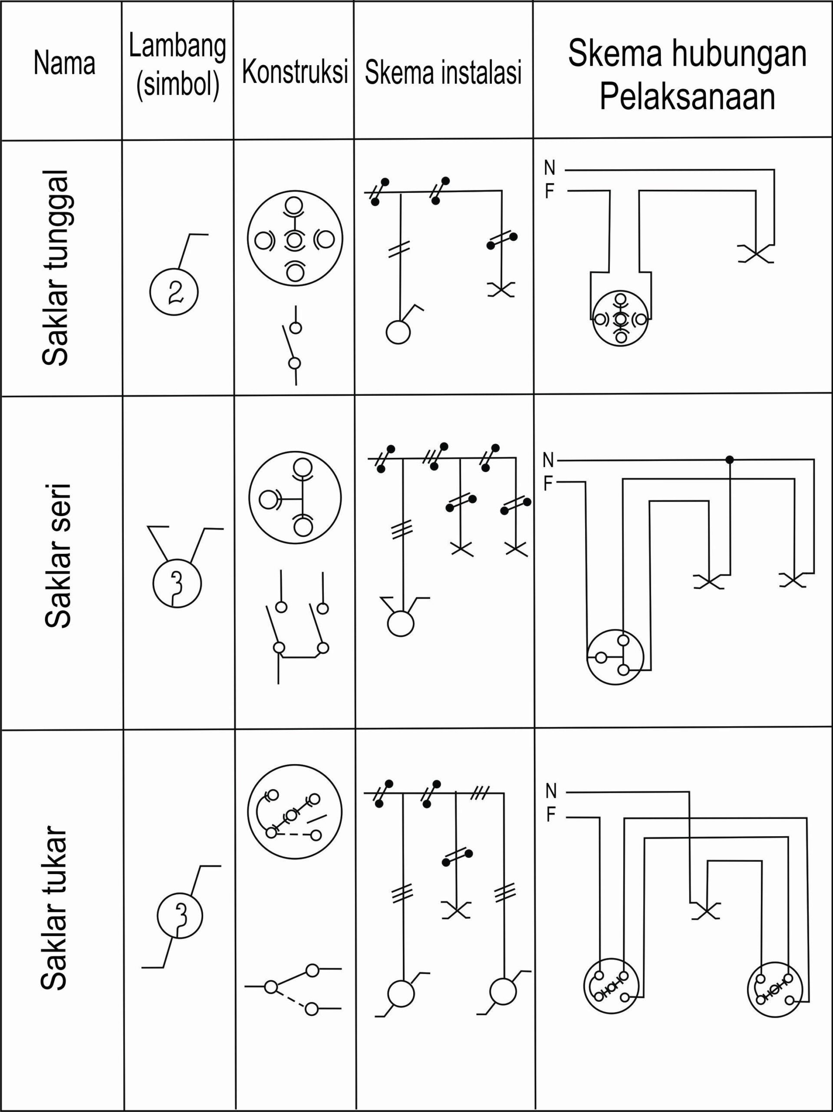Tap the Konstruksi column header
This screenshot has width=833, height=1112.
(295, 72)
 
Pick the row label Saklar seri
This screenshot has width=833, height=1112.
(57, 556)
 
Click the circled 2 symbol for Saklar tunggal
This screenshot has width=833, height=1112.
(174, 291)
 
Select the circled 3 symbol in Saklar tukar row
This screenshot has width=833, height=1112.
(180, 916)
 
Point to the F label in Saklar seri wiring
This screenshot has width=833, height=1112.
(548, 483)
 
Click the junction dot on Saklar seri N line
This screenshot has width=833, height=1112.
(730, 460)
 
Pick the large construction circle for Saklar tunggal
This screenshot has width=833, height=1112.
(295, 239)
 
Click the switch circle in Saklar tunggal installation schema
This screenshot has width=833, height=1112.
(398, 332)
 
